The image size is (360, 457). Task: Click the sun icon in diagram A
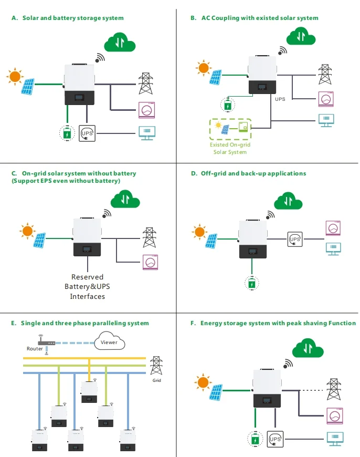[15, 77]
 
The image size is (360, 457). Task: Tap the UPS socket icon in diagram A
[87, 133]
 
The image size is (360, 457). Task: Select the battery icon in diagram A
[67, 133]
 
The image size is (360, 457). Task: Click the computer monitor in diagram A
[146, 133]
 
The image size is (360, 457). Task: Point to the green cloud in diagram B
[301, 37]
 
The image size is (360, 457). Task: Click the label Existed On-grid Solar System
[230, 148]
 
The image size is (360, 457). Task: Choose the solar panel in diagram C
[39, 240]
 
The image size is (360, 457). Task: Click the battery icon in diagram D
[252, 284]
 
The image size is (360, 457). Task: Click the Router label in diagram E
[35, 349]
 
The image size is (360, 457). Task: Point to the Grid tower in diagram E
[156, 366]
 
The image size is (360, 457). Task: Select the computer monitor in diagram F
[333, 437]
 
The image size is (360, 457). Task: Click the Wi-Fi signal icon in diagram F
[288, 363]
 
